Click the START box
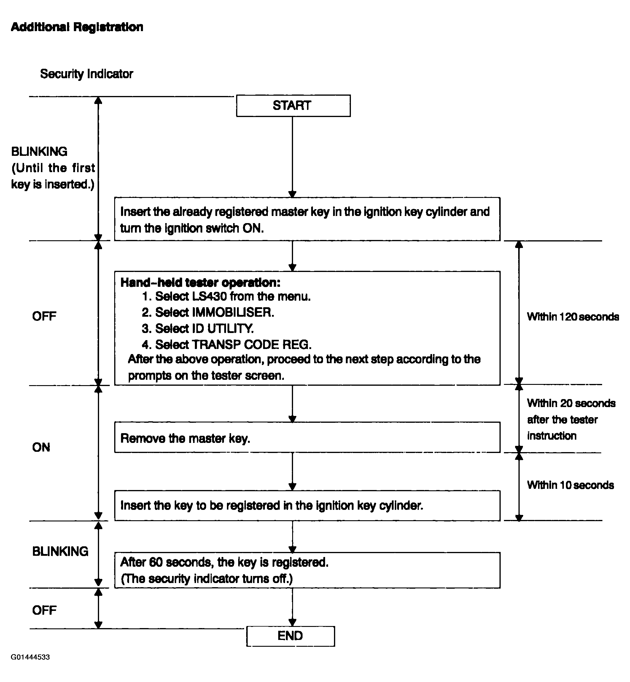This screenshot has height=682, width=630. click(x=293, y=105)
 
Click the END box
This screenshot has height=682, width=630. click(x=290, y=636)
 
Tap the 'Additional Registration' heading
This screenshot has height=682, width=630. click(x=77, y=27)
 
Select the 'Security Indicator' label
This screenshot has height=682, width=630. click(x=87, y=74)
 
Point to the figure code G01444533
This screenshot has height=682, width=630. click(x=30, y=657)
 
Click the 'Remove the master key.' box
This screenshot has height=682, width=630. click(x=307, y=437)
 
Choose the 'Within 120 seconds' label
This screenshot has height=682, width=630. click(x=573, y=317)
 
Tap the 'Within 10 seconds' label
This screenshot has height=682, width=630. click(x=570, y=485)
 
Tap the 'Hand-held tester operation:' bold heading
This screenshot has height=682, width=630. click(x=201, y=282)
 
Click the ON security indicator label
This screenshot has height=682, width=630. click(x=41, y=447)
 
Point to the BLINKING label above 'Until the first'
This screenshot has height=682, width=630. click(x=39, y=151)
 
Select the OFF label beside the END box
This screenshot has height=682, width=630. click(x=44, y=610)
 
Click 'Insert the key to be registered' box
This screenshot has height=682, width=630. click(x=307, y=506)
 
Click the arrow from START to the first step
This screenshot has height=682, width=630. click(x=292, y=157)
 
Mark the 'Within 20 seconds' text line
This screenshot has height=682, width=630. click(x=571, y=403)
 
